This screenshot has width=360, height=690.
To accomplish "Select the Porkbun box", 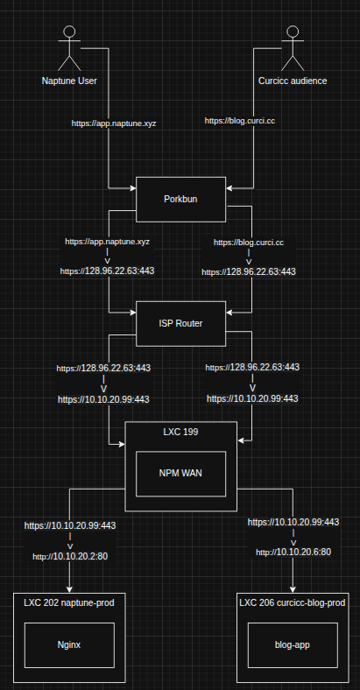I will (180, 199).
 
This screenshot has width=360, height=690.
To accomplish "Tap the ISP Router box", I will (180, 323).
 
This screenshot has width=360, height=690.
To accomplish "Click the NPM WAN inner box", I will (181, 474).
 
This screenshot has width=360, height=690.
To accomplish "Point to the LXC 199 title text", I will (180, 433).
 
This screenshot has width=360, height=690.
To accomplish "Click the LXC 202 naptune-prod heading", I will (68, 603).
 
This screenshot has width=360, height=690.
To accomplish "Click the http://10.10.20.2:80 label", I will (69, 556).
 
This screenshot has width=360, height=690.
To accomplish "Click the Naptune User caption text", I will (69, 81).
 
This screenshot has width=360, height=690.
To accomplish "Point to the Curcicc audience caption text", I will (293, 81).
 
